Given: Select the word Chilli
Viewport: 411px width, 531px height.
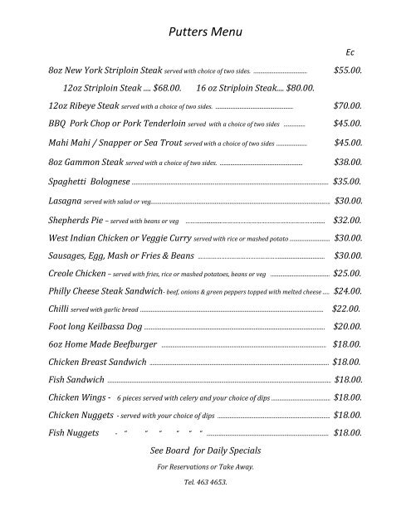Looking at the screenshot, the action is [59, 309].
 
